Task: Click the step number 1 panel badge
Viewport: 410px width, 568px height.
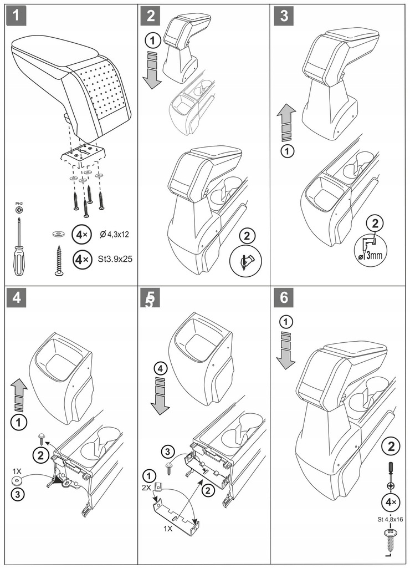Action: tap(17, 16)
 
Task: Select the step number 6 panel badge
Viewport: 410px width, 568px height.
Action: tap(284, 297)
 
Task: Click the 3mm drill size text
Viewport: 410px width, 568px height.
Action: tap(373, 255)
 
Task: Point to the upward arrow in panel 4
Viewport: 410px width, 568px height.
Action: tap(19, 395)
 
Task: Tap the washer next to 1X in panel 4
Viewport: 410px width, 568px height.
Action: tap(17, 481)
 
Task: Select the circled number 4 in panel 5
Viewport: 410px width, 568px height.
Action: tap(160, 369)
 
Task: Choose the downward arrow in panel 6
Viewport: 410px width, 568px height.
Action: tap(285, 350)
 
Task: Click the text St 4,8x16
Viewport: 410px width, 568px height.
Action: tap(390, 519)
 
